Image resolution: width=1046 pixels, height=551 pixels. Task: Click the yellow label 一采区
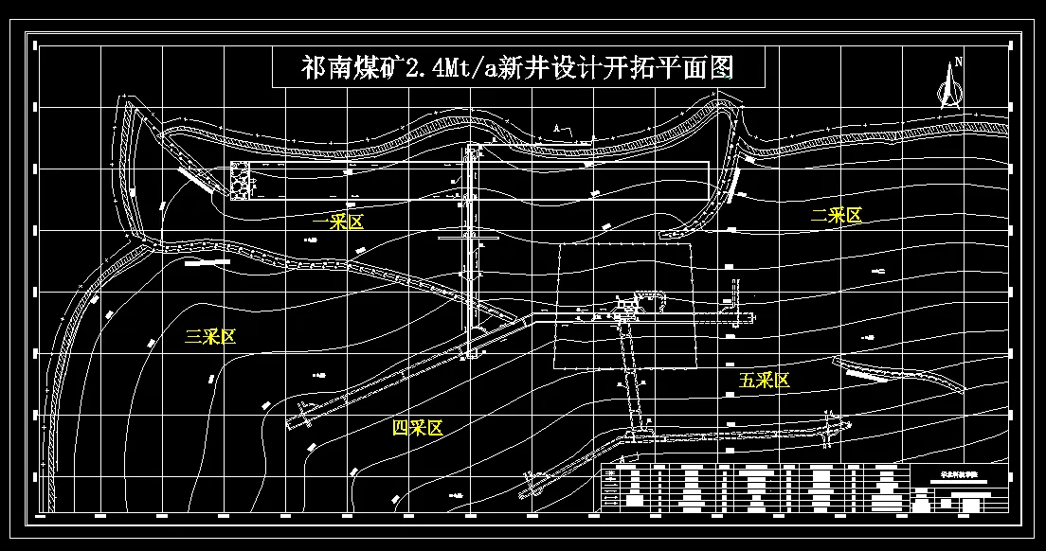pos(338,222)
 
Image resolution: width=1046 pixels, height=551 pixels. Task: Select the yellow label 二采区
pos(837,216)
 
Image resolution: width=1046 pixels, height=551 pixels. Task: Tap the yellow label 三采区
pos(209,336)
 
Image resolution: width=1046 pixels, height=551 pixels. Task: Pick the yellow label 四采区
pos(418,428)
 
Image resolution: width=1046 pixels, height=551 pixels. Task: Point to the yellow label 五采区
pos(765,381)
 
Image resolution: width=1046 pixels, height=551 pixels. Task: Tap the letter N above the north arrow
pos(959,62)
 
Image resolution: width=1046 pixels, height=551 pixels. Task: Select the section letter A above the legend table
pos(621,459)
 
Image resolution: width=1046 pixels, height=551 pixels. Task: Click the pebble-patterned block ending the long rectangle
pos(241,181)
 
